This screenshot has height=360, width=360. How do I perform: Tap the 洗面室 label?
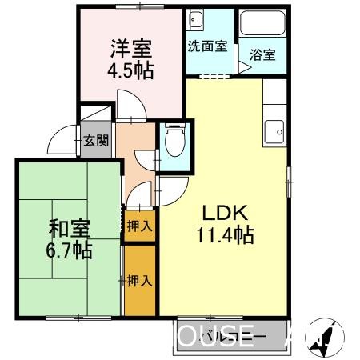[207, 46]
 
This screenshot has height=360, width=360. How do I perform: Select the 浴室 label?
[262, 55]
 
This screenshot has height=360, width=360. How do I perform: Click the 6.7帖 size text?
[70, 250]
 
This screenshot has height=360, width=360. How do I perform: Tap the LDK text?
[226, 214]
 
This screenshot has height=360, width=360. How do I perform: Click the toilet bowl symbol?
[174, 144]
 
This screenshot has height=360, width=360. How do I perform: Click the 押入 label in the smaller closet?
[139, 226]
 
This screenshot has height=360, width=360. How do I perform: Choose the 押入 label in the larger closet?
[138, 280]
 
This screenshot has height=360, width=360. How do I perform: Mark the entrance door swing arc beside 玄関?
[61, 142]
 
